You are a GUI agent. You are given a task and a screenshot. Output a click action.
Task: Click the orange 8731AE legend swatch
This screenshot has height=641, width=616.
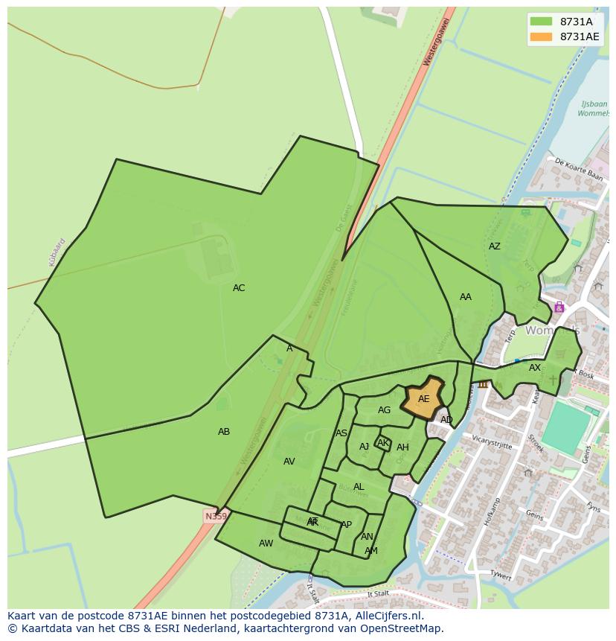coord(541,36)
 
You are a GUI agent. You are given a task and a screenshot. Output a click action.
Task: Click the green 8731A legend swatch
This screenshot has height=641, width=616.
coord(541,22)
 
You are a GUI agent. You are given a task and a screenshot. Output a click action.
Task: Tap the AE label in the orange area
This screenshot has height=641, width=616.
coord(423,399)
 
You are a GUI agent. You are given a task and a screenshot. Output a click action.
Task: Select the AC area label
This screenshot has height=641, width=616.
coord(239,288)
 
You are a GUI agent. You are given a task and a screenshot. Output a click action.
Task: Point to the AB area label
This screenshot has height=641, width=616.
coord(224,432)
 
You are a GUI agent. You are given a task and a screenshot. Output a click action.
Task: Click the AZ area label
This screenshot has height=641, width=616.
coord(495,246)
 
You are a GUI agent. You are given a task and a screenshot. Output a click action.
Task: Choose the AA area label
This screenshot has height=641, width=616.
coord(466,297)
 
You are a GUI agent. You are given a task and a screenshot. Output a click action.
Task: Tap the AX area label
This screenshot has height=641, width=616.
coord(535,368)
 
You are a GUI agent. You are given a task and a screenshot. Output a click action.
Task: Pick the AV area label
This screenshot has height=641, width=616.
coord(289,462)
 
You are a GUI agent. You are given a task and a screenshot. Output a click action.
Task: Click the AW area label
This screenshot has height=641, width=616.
coord(266,543)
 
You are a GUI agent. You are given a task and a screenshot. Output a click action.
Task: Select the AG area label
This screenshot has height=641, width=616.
coord(384,410)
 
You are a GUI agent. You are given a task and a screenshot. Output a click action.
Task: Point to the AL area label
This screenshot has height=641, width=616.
coord(359,487)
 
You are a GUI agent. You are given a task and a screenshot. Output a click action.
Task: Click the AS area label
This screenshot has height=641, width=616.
coord(341,433)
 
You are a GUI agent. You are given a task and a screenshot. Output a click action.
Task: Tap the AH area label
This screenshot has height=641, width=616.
coord(402,447)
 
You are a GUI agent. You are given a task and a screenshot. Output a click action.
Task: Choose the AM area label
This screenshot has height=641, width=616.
coord(370,551)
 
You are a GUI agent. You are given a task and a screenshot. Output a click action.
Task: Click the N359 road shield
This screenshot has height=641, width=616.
coord(216,516)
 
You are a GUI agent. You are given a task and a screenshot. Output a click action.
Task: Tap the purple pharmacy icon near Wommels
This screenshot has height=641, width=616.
coord(559,307)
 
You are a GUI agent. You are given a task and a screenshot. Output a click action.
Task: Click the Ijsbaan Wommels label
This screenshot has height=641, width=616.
coord(593,109)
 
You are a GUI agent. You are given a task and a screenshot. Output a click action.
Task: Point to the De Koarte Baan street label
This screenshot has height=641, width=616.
coord(578,169)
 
